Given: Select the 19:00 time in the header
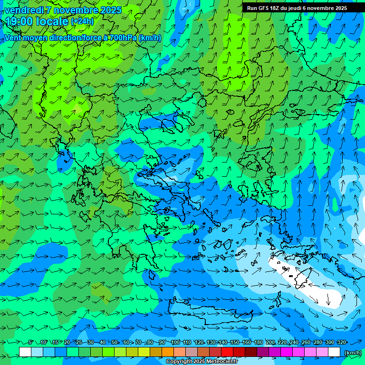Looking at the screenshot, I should pos(20,21).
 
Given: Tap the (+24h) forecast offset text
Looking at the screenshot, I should pos(82,21).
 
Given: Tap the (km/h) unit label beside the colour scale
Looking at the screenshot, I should pos(352,353).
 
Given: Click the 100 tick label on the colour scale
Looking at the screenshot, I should pos(175,342).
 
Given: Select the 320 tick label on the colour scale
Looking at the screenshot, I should pos(342,342).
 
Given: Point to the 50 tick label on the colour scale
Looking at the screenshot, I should pos(115,342).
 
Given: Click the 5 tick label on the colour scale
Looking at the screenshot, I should pos(30,342).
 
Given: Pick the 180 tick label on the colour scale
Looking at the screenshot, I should pos(259,342).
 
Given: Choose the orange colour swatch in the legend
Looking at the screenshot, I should pos(168,352).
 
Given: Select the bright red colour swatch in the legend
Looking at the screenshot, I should pos(227,352).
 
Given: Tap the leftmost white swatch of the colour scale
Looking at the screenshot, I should pos(25,352).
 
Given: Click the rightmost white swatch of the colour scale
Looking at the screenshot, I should pos(334,352).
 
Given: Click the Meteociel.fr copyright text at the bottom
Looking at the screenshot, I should pos(202,362).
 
